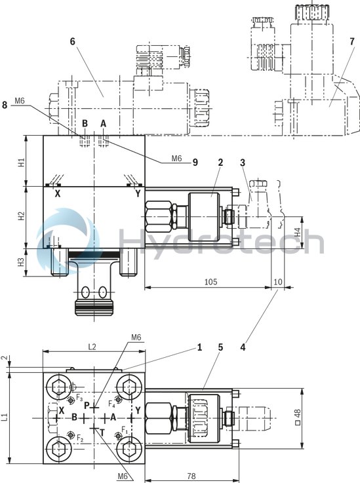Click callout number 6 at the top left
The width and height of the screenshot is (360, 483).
coord(73,41)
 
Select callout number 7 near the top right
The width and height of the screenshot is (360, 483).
coord(352,41)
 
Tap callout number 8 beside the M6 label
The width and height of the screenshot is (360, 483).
coord(5,104)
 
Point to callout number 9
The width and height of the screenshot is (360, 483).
coord(195,163)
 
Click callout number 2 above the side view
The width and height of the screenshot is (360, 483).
coord(221,162)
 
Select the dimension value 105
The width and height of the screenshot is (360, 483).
coord(210,282)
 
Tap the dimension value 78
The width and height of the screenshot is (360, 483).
coord(191,476)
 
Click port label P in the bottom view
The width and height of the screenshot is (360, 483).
coord(86,405)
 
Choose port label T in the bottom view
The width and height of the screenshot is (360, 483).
coord(102,433)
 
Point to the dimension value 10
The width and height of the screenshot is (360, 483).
coord(278,282)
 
